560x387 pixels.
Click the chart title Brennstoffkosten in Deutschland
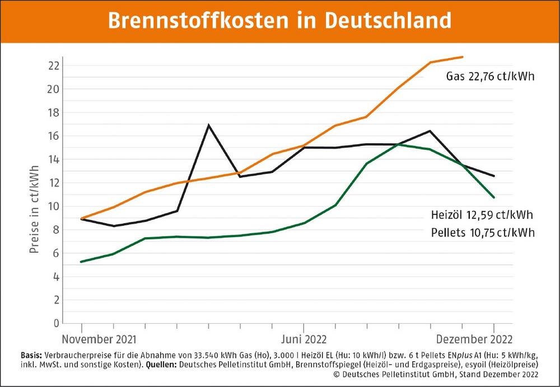pyautogui.click(x=279, y=21)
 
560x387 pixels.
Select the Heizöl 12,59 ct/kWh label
pyautogui.click(x=482, y=215)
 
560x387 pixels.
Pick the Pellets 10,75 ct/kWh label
pyautogui.click(x=482, y=233)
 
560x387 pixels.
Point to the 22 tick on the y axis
pyautogui.click(x=53, y=65)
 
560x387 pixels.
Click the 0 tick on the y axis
pyautogui.click(x=57, y=323)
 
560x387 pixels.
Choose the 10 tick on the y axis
pyautogui.click(x=53, y=206)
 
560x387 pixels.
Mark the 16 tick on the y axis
pyautogui.click(x=53, y=136)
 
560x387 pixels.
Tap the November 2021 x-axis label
pyautogui.click(x=99, y=339)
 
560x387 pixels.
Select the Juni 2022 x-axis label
pyautogui.click(x=304, y=339)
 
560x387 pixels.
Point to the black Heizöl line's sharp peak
pyautogui.click(x=209, y=125)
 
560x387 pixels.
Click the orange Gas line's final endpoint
pyautogui.click(x=463, y=56)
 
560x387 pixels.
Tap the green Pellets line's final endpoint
pyautogui.click(x=494, y=197)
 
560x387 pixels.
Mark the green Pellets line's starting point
pyautogui.click(x=82, y=262)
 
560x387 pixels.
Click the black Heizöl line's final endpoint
pyautogui.click(x=494, y=176)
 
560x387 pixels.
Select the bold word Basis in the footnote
pyautogui.click(x=30, y=355)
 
